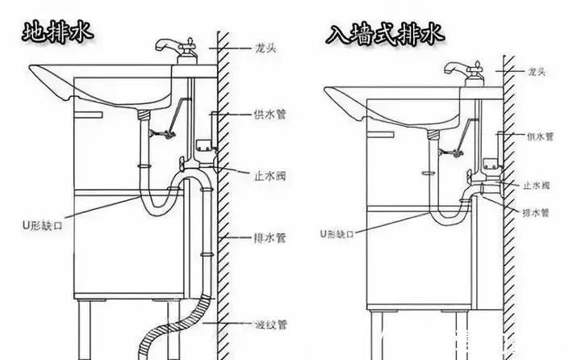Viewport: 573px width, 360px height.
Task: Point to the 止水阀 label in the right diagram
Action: (x=537, y=186)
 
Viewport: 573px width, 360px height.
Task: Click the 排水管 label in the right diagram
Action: (x=535, y=213)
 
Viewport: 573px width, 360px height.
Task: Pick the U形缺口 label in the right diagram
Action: (x=337, y=233)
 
